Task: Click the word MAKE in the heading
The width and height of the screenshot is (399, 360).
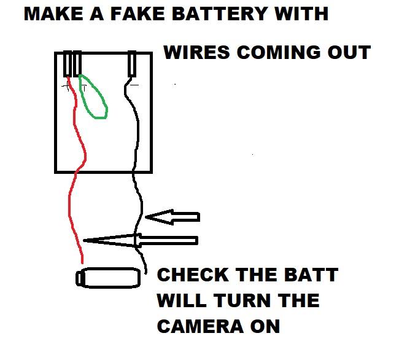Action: point(52,14)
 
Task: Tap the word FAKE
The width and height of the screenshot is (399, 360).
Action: point(128,14)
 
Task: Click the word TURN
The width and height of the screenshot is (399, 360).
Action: point(239,301)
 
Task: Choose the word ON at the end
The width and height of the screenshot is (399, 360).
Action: point(265,327)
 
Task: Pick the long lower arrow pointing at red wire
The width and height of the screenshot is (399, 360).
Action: point(141,240)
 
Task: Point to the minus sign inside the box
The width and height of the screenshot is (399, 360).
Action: point(134,85)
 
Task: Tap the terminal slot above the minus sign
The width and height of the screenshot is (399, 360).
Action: point(131,64)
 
